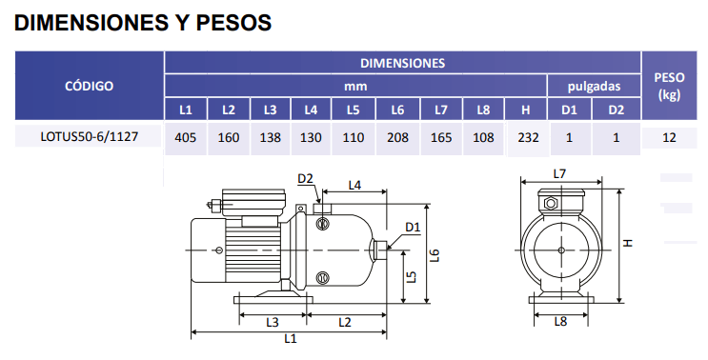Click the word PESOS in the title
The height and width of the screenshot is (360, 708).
[233, 22]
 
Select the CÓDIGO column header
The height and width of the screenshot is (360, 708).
[89, 86]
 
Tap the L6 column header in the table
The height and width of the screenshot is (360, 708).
[397, 110]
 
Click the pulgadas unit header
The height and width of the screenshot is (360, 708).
[594, 86]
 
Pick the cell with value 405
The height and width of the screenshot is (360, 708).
[185, 137]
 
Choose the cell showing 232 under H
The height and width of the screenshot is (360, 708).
[528, 137]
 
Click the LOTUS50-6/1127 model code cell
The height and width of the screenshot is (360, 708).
[89, 136]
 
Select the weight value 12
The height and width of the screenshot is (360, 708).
[669, 137]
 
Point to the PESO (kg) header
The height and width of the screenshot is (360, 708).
[669, 86]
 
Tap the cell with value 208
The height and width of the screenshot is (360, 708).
[397, 137]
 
